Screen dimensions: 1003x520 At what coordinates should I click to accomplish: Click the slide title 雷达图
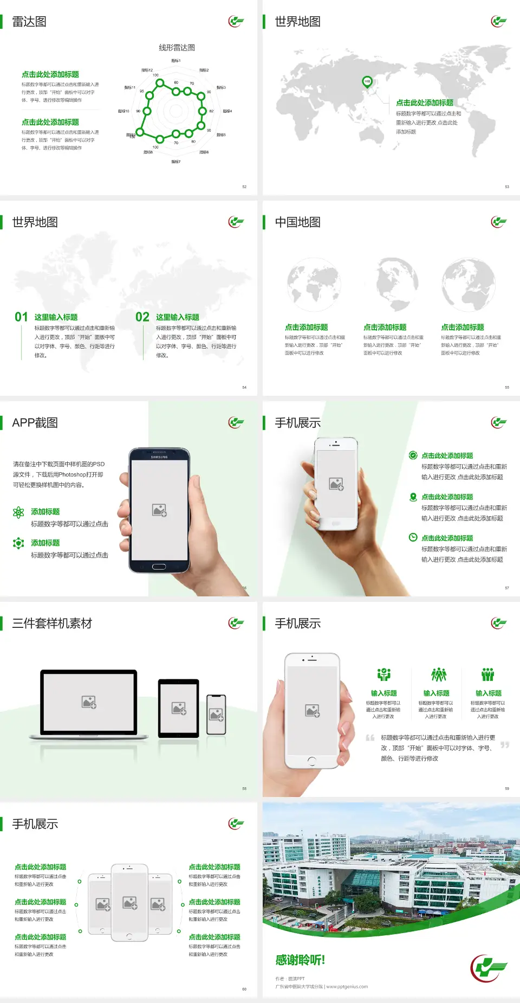coord(29,22)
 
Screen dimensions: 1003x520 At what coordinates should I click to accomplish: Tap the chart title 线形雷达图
coord(177,48)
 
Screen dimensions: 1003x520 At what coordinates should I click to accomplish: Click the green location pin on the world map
coord(367,82)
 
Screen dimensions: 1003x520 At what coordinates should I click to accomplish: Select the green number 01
coord(21,317)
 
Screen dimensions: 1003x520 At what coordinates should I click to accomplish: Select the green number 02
coord(142,317)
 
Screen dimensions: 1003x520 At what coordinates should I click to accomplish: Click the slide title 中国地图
coord(297,222)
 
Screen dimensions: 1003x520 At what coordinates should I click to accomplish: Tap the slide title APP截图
coord(35,423)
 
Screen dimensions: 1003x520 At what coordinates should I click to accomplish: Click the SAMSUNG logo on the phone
coord(159,457)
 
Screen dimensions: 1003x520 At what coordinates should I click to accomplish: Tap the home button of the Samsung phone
coord(159,567)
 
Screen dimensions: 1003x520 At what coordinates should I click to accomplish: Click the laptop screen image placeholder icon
coord(89,702)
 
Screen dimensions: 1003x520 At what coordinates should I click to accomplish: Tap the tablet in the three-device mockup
coord(179,708)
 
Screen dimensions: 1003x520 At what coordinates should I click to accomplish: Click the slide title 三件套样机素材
coord(52,623)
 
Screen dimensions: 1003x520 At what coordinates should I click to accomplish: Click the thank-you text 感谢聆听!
coord(300,960)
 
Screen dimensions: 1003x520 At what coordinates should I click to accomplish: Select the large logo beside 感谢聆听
coord(489,968)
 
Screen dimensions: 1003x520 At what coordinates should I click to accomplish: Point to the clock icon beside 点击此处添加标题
coord(413,537)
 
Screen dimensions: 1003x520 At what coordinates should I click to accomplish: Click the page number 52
coord(244,187)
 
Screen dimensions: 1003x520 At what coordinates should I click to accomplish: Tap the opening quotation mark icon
coord(370,738)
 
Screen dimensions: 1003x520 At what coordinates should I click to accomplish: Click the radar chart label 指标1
coord(176,61)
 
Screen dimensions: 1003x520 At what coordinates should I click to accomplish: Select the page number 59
coord(507,789)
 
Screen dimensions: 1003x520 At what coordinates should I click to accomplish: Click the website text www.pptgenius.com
coord(347,987)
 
